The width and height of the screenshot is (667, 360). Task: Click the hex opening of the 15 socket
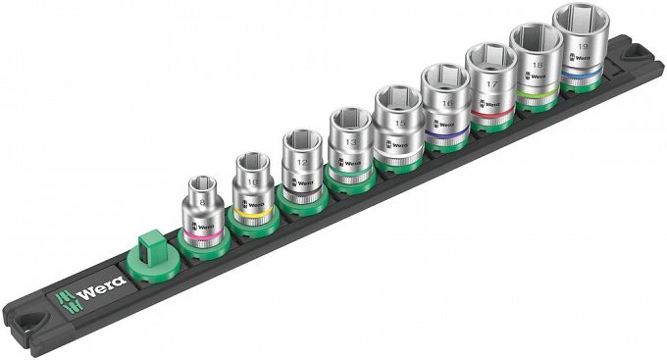pos(395,99)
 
